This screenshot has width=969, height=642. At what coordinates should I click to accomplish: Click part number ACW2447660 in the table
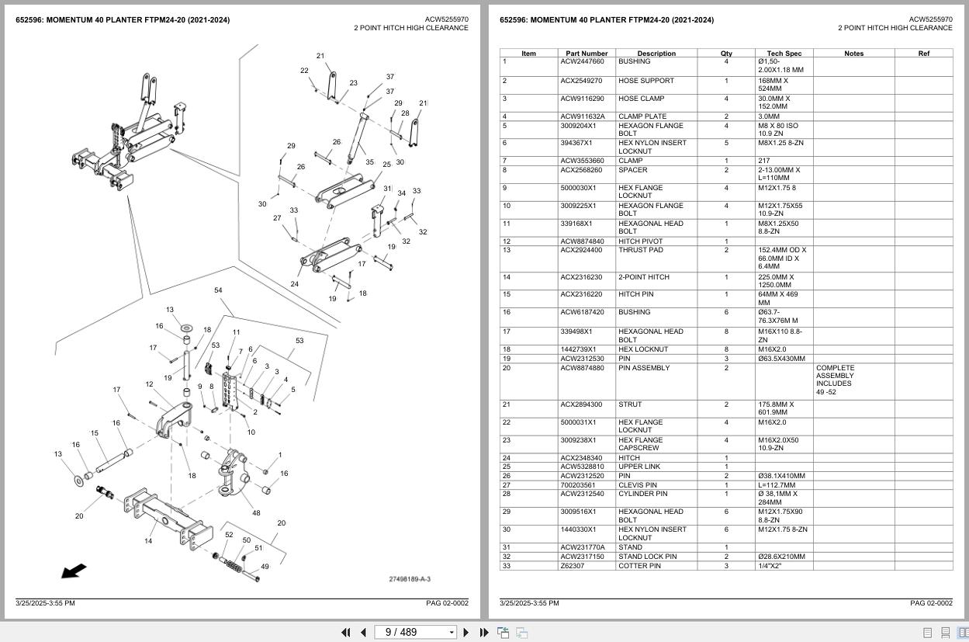tap(581, 62)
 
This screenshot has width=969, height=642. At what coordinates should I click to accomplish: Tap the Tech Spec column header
tap(783, 54)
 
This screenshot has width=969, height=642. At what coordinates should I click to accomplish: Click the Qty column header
tap(726, 54)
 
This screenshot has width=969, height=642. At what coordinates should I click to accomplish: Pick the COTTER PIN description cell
tap(639, 566)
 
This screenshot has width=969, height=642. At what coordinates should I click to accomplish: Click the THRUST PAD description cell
tap(640, 251)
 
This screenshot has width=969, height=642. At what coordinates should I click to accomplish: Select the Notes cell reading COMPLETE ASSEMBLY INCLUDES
tap(835, 380)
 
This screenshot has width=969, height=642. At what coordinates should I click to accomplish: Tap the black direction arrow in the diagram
tap(74, 571)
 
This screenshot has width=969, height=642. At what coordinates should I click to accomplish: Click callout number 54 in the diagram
tap(218, 290)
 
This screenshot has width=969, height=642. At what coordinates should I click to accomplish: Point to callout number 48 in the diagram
tap(256, 512)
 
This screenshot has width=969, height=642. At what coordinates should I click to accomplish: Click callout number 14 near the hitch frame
tap(147, 541)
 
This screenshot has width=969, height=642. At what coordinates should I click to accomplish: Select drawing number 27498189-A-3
tap(410, 579)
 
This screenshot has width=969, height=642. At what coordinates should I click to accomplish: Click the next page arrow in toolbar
tap(465, 633)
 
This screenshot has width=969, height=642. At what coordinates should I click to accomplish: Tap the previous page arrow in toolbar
tap(363, 633)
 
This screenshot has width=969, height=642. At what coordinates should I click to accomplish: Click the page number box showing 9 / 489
tap(415, 633)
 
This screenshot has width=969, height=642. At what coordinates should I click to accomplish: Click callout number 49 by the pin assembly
tap(265, 567)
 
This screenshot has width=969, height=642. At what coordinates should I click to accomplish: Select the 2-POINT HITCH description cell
tap(643, 277)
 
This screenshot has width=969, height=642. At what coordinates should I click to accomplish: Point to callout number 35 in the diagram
tap(369, 163)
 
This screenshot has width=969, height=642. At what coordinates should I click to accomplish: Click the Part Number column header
tap(587, 54)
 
